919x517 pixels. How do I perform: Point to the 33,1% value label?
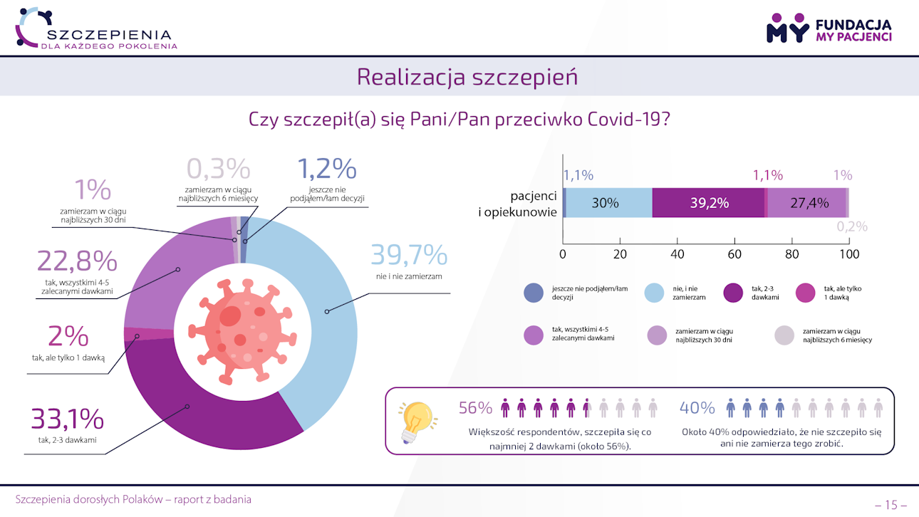click(67, 419)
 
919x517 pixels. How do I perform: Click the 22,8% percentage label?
click(76, 262)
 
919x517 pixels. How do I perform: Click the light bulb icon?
click(416, 420)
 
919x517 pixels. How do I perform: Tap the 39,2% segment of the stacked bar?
click(708, 202)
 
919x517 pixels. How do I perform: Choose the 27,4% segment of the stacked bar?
click(806, 202)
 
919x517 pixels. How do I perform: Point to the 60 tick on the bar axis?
click(734, 254)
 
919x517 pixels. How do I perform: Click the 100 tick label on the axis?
click(848, 254)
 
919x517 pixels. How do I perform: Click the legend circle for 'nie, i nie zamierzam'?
click(654, 293)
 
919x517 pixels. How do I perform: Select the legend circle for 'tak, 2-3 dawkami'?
click(733, 293)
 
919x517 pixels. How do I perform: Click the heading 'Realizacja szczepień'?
click(467, 77)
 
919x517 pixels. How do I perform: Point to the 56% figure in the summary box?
click(475, 408)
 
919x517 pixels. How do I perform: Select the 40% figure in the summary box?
click(697, 408)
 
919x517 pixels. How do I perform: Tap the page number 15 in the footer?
click(891, 505)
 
